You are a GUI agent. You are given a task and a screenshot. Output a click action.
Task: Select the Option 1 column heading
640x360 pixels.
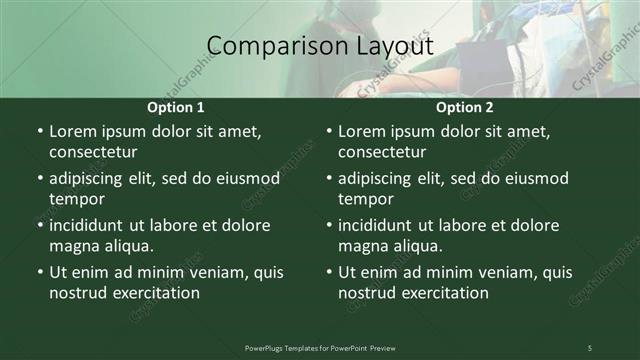(x=176, y=107)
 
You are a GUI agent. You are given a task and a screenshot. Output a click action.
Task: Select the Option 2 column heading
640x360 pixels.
(x=465, y=107)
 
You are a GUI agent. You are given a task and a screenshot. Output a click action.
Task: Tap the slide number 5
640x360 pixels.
(x=590, y=347)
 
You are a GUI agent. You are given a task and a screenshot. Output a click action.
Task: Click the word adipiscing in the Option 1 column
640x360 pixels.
(x=92, y=178)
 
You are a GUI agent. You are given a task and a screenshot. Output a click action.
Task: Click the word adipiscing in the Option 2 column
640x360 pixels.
(x=381, y=178)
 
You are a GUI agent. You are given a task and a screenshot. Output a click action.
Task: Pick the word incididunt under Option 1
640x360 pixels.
(x=92, y=225)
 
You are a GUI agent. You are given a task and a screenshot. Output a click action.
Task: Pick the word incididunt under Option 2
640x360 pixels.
(x=381, y=225)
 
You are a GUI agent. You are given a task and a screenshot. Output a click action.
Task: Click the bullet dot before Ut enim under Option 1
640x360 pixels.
(x=39, y=272)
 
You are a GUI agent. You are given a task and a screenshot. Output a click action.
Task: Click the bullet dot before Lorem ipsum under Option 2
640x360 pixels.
(x=328, y=131)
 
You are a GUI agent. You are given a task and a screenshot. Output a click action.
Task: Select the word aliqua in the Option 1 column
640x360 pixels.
(x=127, y=246)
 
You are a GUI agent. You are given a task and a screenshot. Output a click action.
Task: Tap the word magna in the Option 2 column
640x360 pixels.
(x=363, y=246)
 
